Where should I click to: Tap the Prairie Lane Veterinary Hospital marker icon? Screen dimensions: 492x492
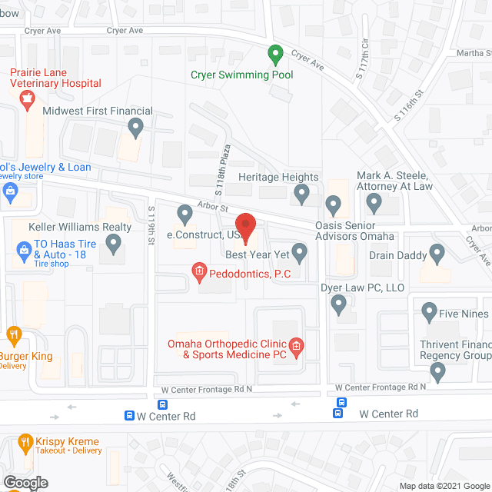28,98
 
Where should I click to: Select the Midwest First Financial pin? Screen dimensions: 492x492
136,128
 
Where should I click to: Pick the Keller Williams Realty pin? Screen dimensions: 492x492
114,244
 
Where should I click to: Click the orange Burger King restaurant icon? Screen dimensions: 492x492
13,334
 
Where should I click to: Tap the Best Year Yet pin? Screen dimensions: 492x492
299,252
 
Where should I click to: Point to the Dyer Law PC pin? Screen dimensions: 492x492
338,305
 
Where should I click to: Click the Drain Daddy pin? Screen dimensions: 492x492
437,252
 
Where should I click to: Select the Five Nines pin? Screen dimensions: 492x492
429,314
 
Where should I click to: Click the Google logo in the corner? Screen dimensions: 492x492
25,483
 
